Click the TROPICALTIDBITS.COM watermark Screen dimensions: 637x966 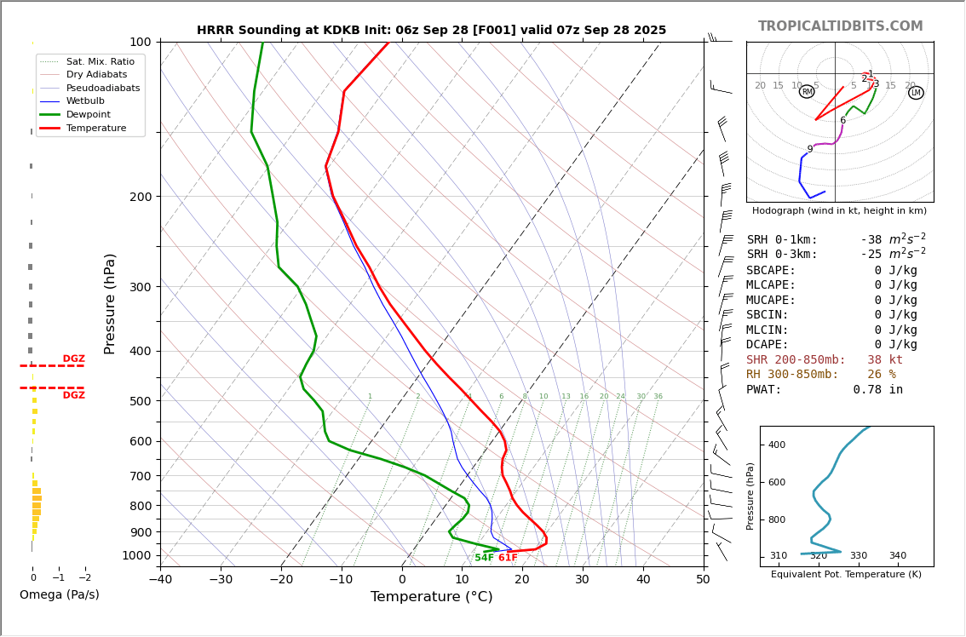(840, 26)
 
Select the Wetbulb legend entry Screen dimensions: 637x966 (85, 100)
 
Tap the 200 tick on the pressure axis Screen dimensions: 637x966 (140, 197)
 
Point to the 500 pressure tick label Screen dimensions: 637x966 (140, 401)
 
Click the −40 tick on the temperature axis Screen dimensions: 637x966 (160, 580)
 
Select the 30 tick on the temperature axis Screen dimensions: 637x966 (583, 580)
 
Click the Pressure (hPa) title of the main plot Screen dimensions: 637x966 (110, 303)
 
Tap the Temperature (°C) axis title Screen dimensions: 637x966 (431, 597)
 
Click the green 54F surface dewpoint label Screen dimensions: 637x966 (484, 558)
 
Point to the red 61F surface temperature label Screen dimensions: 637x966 (508, 558)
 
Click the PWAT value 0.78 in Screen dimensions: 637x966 (877, 390)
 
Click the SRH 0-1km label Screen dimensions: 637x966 (782, 240)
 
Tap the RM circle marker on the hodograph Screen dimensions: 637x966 (807, 92)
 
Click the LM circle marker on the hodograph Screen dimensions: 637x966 (916, 93)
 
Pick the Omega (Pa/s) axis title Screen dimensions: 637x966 (60, 595)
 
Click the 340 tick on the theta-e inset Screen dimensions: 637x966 (898, 556)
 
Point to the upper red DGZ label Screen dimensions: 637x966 (73, 359)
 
